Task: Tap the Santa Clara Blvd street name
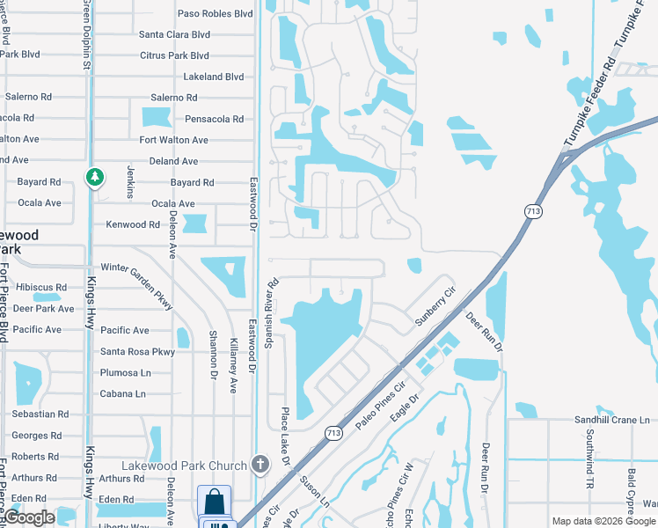[x=174, y=34]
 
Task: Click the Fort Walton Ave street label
[x=174, y=140]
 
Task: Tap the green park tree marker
[x=94, y=178]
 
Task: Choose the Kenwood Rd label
[x=133, y=224]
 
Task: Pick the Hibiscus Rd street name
[x=36, y=287]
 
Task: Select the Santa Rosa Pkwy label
[x=137, y=351]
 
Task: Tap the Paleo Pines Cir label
[x=380, y=404]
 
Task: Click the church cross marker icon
[x=260, y=463]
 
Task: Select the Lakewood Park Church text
[x=184, y=466]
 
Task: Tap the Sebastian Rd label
[x=40, y=414]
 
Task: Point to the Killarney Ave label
[x=233, y=364]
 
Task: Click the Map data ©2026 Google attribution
[x=603, y=521]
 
